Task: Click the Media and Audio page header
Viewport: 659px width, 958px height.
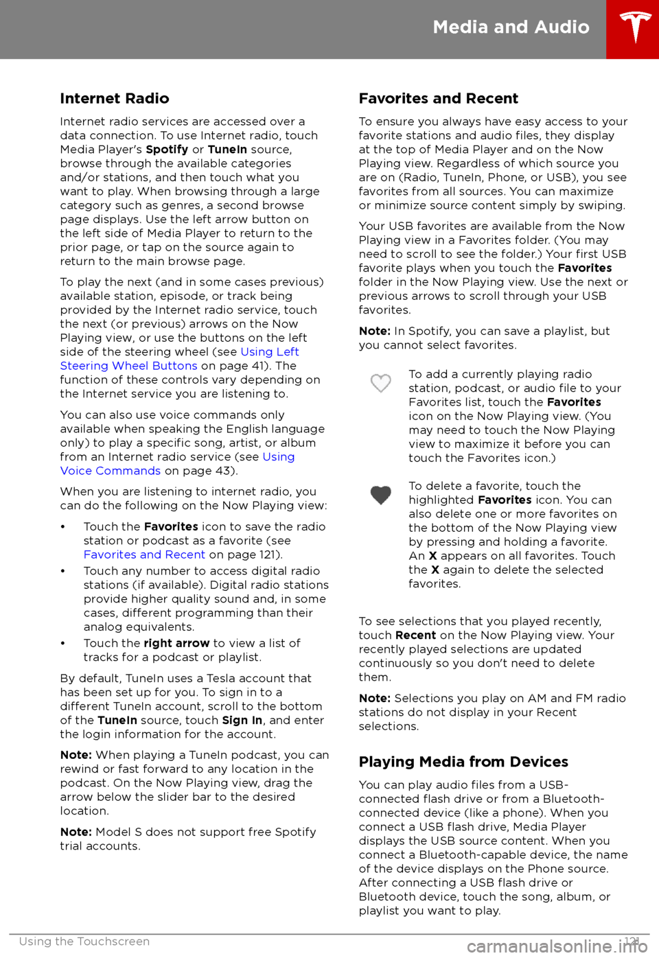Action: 511,27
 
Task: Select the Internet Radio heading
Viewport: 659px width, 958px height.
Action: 115,99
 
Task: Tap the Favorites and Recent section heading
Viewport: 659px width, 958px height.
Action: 438,99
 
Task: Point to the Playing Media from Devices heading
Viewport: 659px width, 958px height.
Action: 463,762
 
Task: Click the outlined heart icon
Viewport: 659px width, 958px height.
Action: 381,383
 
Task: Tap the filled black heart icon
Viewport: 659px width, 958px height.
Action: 381,495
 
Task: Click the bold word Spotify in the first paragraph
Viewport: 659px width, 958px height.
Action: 167,150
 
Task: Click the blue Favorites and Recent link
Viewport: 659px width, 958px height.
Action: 144,554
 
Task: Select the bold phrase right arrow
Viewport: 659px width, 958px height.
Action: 176,644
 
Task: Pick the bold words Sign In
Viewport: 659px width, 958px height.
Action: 242,721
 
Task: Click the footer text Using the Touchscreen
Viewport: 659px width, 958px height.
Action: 84,942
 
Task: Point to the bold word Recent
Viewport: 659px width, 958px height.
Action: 415,635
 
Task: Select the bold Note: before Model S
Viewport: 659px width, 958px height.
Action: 76,832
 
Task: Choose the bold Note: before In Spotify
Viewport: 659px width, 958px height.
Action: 374,331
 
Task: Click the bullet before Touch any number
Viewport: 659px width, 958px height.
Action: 63,571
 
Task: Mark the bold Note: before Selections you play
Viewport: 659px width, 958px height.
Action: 374,699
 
